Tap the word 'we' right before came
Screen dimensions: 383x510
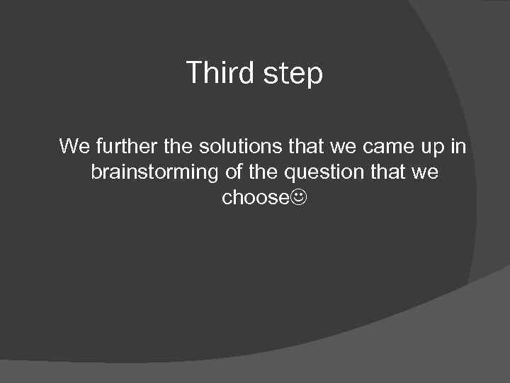pyautogui.click(x=344, y=147)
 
